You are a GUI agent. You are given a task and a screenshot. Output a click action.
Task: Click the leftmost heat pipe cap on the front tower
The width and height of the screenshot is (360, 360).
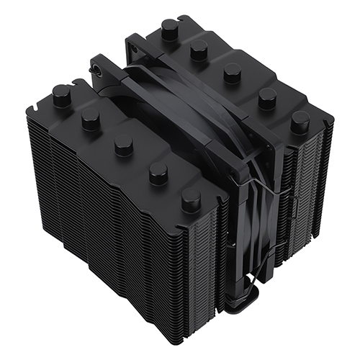pos(62,96)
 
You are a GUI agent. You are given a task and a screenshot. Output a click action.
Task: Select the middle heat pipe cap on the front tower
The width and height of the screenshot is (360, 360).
pos(124,144)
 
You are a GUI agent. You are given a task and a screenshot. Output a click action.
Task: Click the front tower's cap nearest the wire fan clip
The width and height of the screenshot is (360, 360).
pos(191,199)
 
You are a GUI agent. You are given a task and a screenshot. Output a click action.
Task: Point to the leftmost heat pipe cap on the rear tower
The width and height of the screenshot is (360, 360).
pos(170,29)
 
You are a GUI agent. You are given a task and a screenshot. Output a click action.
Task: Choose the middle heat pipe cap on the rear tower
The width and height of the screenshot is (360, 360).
pos(232,71)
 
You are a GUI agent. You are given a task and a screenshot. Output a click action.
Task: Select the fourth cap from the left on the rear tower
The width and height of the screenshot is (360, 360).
pos(266,95)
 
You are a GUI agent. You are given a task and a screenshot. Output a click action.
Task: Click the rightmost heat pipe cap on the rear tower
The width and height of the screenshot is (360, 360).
pos(300,120)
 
